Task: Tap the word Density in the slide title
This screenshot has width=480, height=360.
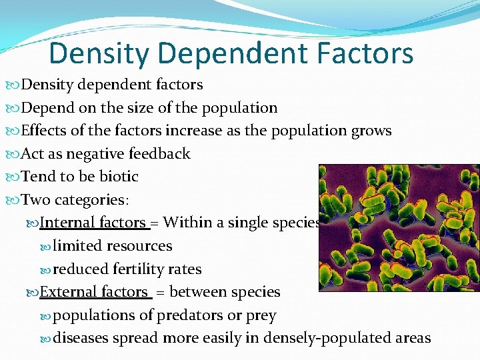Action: [x=95, y=53]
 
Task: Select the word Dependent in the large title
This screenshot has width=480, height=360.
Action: [x=225, y=53]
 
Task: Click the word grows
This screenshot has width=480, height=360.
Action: [x=371, y=131]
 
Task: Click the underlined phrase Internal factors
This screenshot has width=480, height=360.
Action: [x=93, y=223]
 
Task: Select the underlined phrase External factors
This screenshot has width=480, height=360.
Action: [x=94, y=292]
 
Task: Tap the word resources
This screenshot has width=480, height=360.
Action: [x=140, y=246]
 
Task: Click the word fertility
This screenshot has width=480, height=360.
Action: [x=138, y=269]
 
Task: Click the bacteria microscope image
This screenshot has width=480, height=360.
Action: [x=399, y=226]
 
